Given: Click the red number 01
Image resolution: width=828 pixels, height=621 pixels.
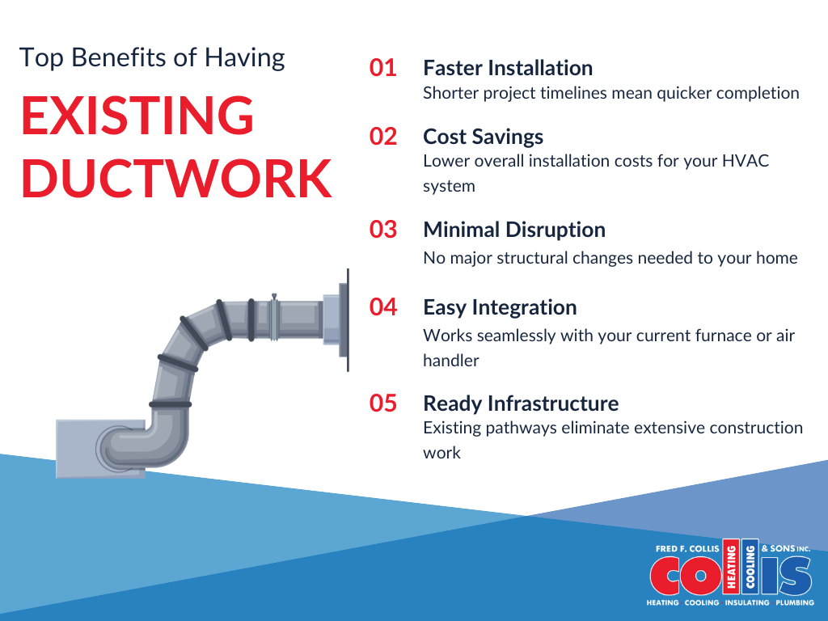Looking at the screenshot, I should tap(383, 68).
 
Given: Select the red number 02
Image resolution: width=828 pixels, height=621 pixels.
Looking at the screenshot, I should tap(383, 137).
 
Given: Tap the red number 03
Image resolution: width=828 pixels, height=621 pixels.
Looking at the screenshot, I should tap(383, 230).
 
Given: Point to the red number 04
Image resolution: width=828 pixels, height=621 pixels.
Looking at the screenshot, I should tap(383, 307).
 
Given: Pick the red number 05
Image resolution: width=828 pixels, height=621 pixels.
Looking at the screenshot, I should tap(383, 403).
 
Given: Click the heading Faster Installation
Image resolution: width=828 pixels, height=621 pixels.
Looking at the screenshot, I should tap(508, 68).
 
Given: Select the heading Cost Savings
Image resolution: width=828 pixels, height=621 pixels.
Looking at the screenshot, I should tap(483, 137).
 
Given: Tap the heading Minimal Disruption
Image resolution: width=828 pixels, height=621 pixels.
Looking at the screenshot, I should tap(514, 230).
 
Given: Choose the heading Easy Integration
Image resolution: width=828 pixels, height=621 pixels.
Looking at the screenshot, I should tap(500, 307).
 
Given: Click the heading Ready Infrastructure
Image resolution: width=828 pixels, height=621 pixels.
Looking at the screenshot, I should tap(521, 403).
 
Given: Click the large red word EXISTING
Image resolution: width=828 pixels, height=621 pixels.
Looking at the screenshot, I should tap(137, 115).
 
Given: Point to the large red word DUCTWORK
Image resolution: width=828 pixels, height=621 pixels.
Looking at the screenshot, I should tap(176, 178).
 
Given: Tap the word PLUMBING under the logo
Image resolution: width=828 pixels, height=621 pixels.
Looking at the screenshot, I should tap(794, 603).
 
